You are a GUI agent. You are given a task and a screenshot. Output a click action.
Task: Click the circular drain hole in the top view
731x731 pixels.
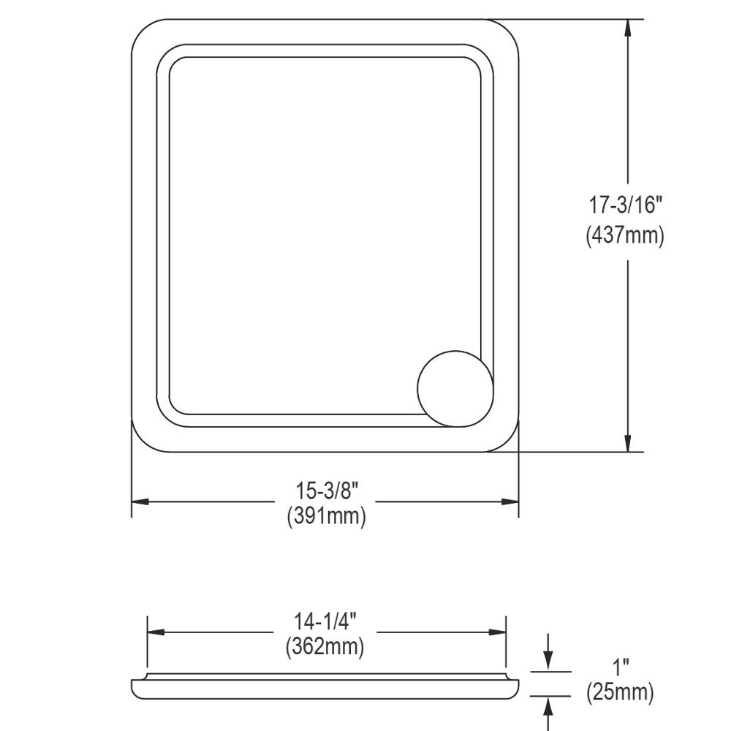tap(455, 388)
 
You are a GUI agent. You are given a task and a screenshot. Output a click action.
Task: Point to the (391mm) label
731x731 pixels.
tap(325, 516)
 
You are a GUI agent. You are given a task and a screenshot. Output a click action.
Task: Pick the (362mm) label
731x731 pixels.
tap(325, 647)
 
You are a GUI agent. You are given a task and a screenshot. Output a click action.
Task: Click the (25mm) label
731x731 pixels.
tap(621, 692)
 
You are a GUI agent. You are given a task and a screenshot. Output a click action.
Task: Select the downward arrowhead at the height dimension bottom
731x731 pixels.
tap(627, 443)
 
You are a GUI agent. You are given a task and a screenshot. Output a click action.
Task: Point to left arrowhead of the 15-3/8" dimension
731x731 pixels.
tap(140, 502)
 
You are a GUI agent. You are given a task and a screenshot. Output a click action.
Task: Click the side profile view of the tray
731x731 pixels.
tap(325, 687)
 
